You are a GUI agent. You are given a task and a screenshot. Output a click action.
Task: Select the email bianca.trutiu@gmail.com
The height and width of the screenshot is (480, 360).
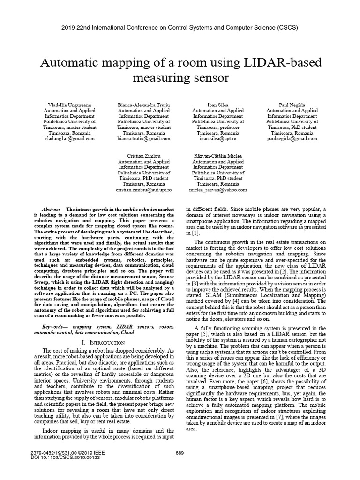pos(144,139)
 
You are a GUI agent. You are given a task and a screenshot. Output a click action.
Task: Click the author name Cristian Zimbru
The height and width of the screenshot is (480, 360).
pos(144,156)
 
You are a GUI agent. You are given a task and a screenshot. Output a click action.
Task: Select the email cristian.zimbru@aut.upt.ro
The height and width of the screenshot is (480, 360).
pos(144,190)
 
